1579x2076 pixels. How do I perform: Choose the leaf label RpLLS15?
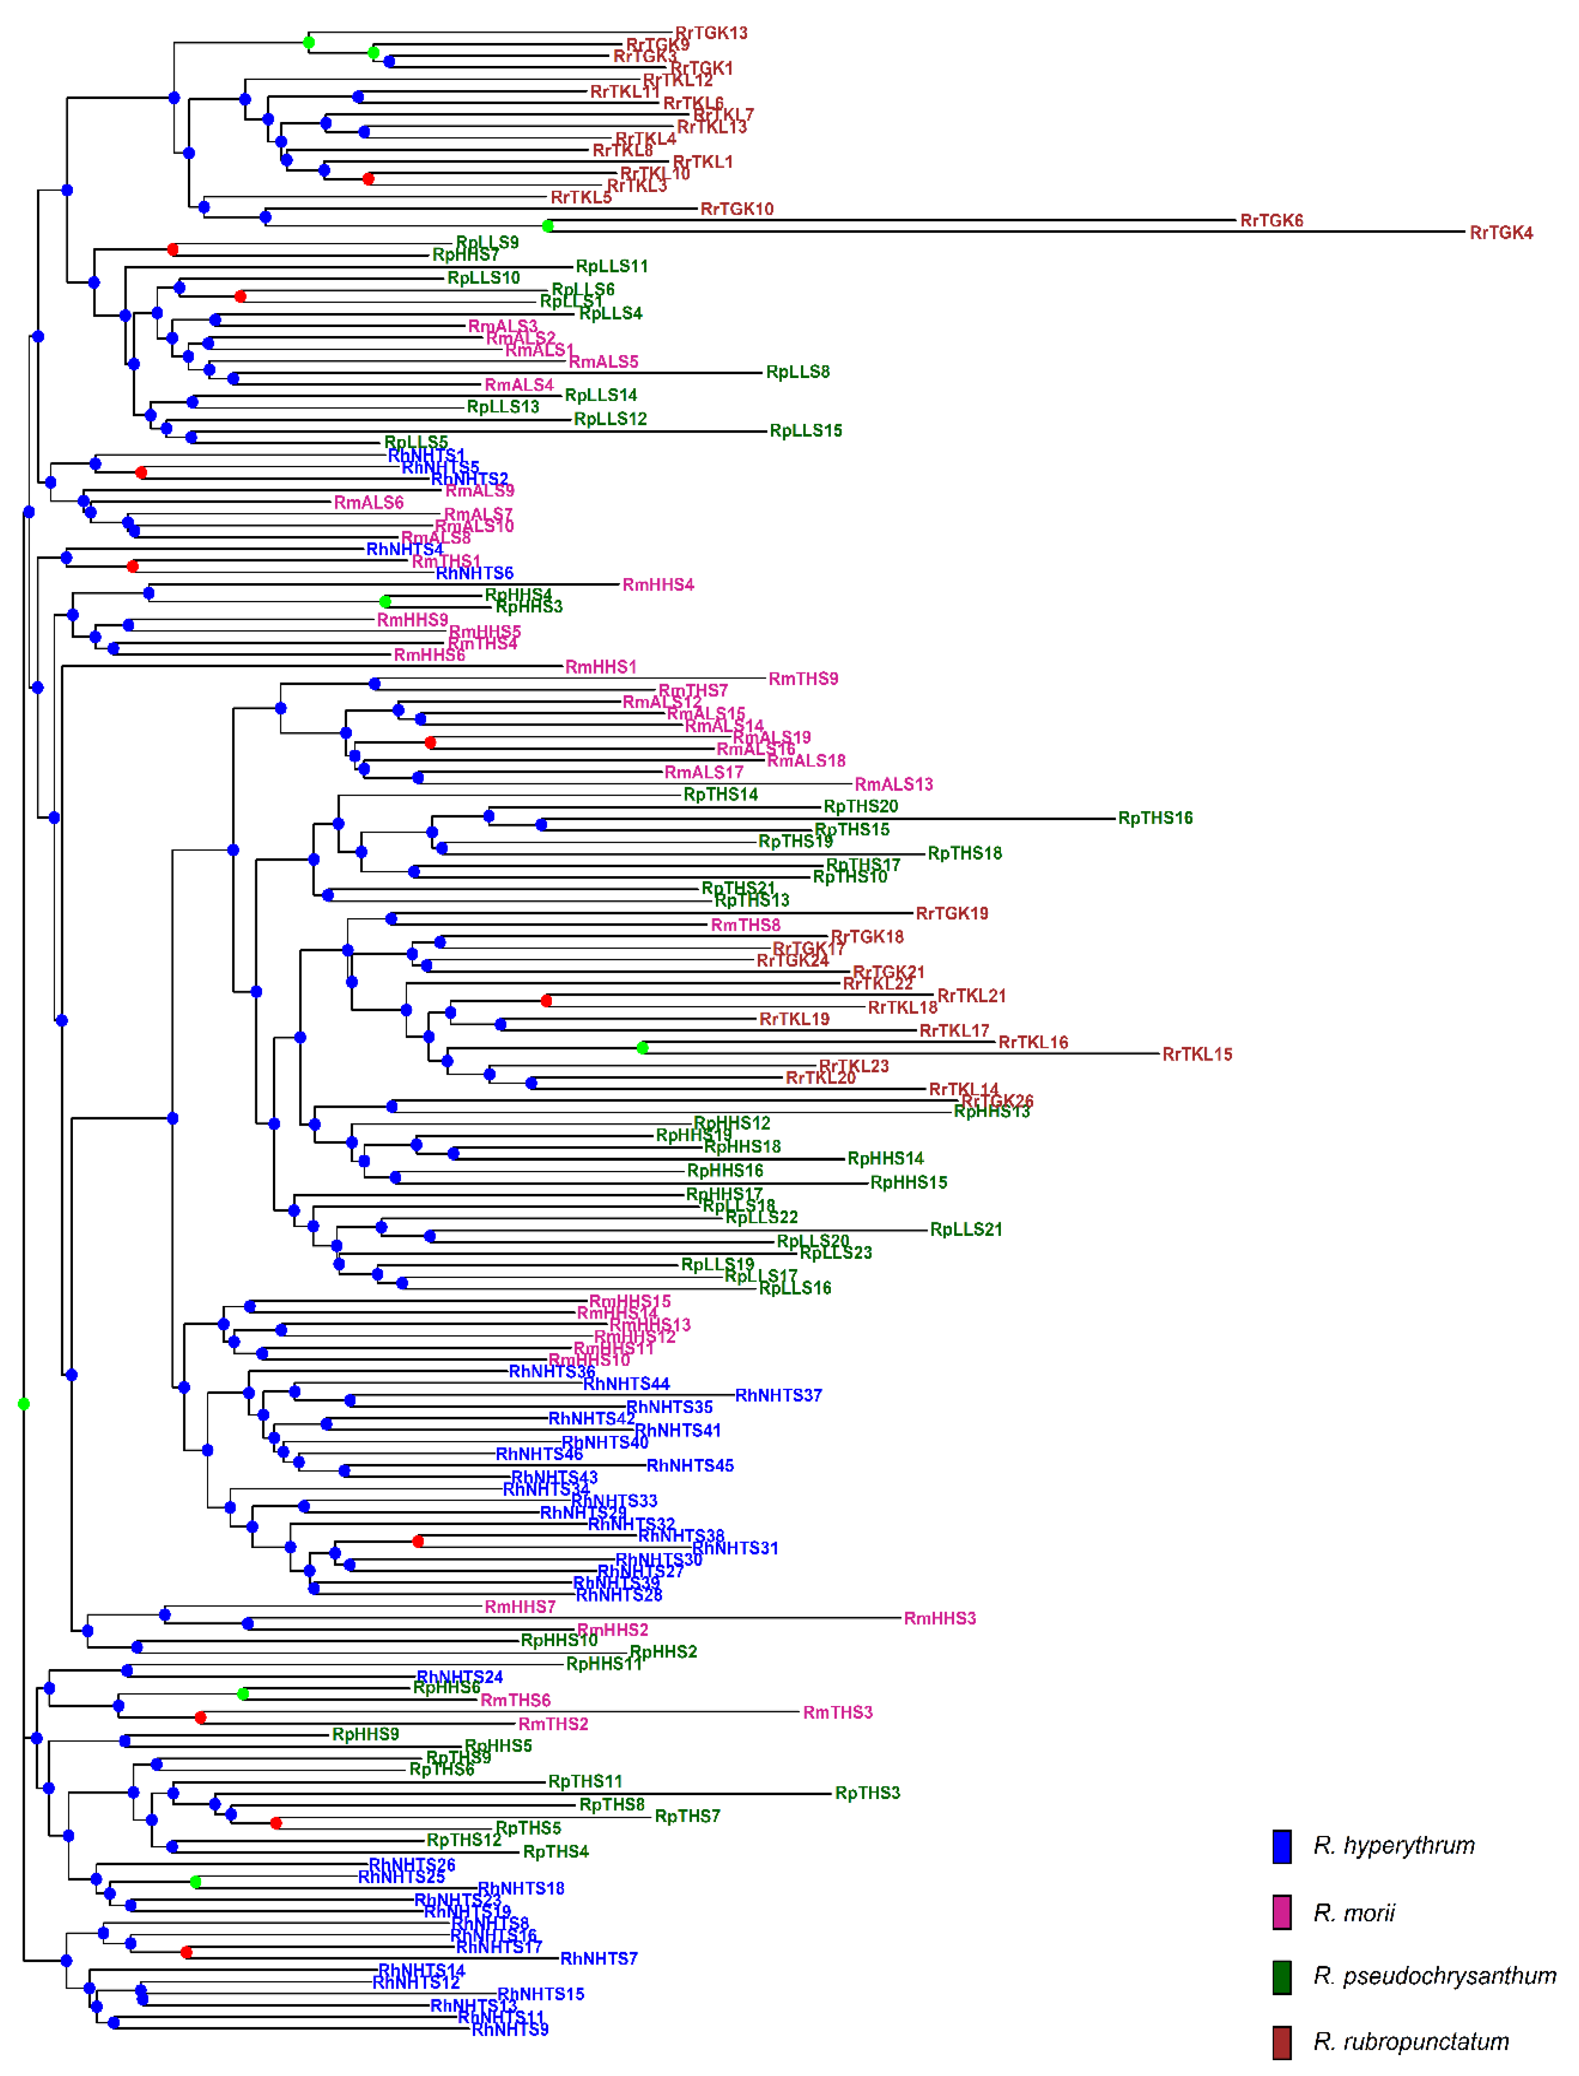tap(806, 431)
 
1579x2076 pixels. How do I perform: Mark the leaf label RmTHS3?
tap(837, 1712)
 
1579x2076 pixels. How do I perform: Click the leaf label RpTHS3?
tap(867, 1793)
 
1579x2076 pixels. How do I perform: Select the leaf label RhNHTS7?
tap(599, 1959)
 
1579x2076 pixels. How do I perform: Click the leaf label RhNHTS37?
tap(778, 1396)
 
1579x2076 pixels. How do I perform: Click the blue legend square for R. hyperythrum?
tap(1281, 1846)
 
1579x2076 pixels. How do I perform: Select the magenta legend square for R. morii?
tap(1281, 1912)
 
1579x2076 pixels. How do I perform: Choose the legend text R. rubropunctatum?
tap(1410, 2041)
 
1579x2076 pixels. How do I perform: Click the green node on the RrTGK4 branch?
tap(548, 226)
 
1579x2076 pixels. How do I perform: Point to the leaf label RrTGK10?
tap(737, 209)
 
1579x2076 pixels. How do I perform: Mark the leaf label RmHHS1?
tap(600, 667)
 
